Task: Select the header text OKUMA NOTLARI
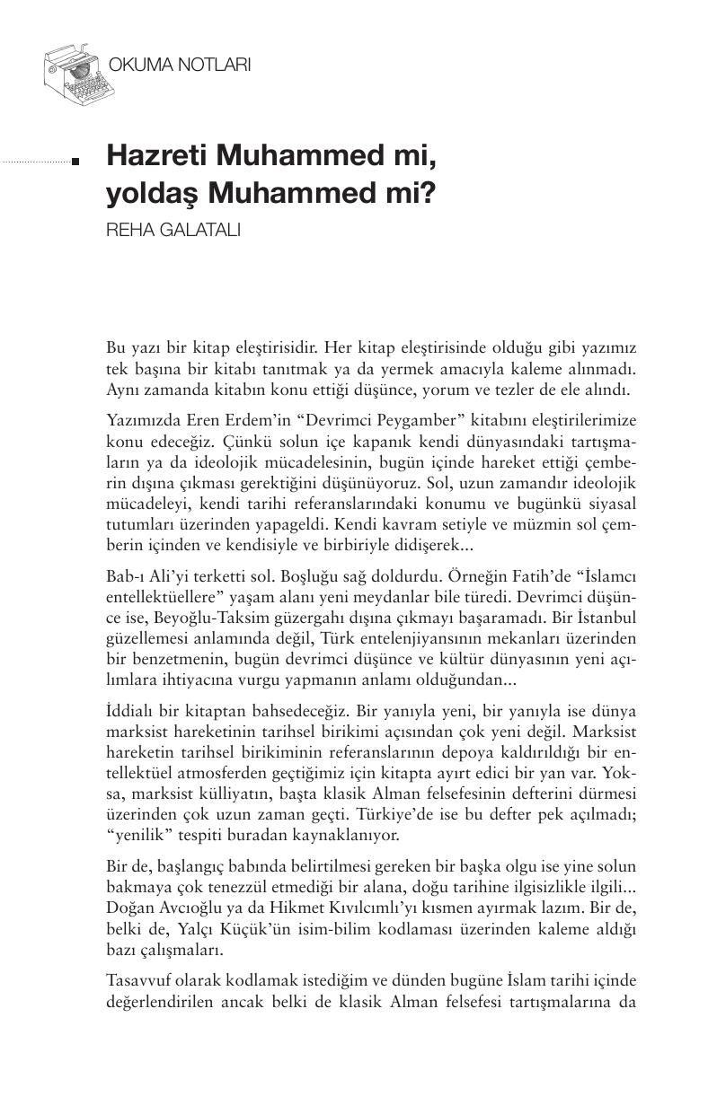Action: pyautogui.click(x=179, y=66)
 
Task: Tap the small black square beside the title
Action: pyautogui.click(x=76, y=162)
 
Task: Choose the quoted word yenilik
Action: pyautogui.click(x=137, y=835)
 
